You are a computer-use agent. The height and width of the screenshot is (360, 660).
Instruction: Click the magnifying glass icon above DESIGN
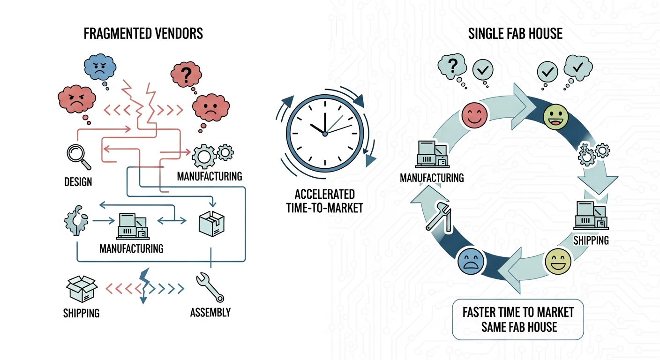[x=76, y=157]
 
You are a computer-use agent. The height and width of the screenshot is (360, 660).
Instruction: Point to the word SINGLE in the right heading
[x=486, y=34]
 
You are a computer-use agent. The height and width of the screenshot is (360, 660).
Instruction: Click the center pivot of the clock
[x=324, y=134]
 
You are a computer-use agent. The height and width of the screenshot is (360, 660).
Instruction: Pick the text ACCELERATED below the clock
[x=325, y=194]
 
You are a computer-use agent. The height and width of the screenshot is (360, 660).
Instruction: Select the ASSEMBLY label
[x=210, y=312]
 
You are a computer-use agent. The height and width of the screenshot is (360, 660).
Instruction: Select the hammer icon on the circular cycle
[x=438, y=217]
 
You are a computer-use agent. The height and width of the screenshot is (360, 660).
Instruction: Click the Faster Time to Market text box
[x=517, y=319]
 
